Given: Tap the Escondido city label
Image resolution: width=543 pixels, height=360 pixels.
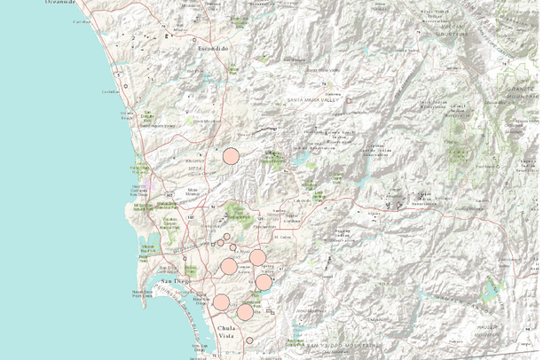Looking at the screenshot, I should pyautogui.click(x=213, y=47).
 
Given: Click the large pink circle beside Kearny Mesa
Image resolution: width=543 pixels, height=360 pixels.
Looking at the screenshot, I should pyautogui.click(x=231, y=156).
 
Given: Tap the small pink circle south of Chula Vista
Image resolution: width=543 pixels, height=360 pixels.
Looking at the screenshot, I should pyautogui.click(x=250, y=340).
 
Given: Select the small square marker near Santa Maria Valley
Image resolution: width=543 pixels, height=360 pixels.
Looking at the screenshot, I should pyautogui.click(x=349, y=101).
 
